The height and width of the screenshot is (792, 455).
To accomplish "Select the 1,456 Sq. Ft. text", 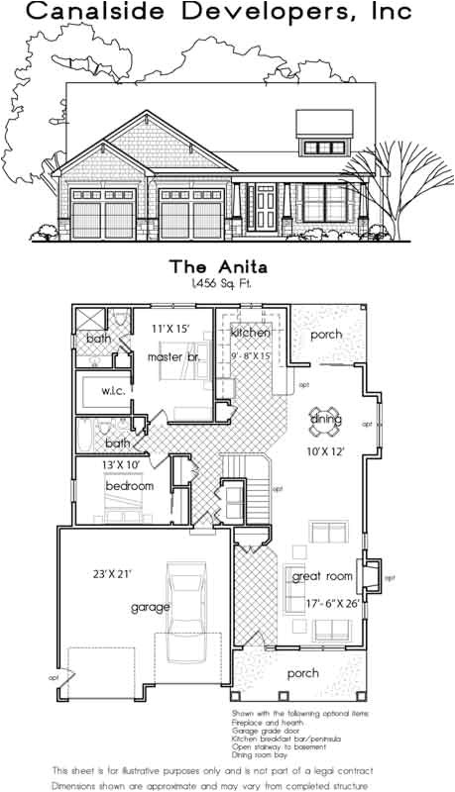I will tap(227, 283).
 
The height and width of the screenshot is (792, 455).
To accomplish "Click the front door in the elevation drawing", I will tap(266, 205).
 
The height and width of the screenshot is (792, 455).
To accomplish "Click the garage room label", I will tap(150, 607).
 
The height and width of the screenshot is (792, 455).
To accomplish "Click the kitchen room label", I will tap(251, 333).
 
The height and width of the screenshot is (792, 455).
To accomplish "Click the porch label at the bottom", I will tap(302, 672).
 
